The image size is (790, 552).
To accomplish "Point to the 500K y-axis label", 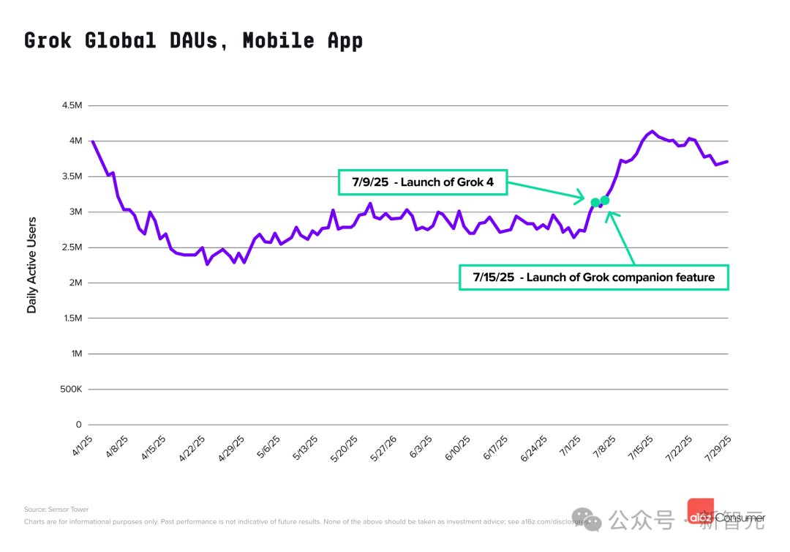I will pyautogui.click(x=70, y=389).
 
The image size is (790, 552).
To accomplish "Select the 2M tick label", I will pyautogui.click(x=75, y=283).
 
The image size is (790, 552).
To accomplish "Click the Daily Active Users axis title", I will pyautogui.click(x=31, y=264).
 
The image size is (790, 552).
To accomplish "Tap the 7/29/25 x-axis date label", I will pyautogui.click(x=718, y=447).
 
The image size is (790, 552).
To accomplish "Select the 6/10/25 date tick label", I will pyautogui.click(x=456, y=447).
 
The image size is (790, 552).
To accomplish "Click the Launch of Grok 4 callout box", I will pyautogui.click(x=422, y=182).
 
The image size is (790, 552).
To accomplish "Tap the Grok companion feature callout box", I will pyautogui.click(x=593, y=277).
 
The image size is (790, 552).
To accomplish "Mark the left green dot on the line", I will pyautogui.click(x=595, y=202).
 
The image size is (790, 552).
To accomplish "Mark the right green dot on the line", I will pyautogui.click(x=605, y=200).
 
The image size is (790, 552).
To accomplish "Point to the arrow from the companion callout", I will pyautogui.click(x=622, y=238).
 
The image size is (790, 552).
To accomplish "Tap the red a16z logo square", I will pyautogui.click(x=700, y=512).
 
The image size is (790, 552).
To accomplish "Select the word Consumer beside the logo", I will pyautogui.click(x=740, y=518).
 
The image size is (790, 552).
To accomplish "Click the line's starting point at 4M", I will pyautogui.click(x=92, y=141).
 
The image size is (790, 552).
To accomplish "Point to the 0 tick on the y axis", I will pyautogui.click(x=78, y=425).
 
